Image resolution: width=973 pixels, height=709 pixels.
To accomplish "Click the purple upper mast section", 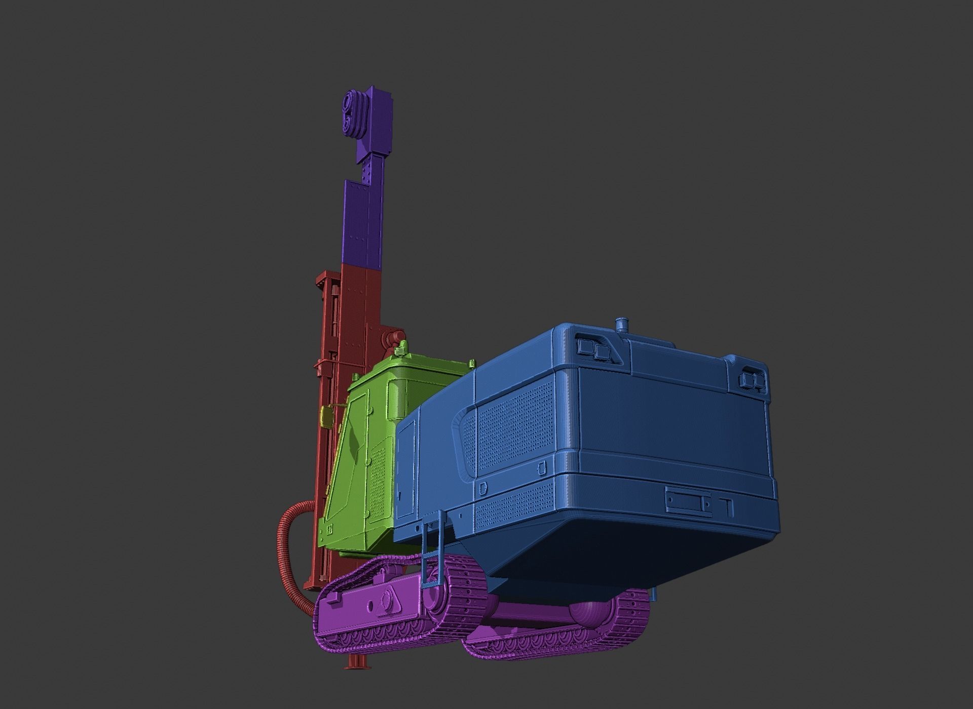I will pos(361,223).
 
